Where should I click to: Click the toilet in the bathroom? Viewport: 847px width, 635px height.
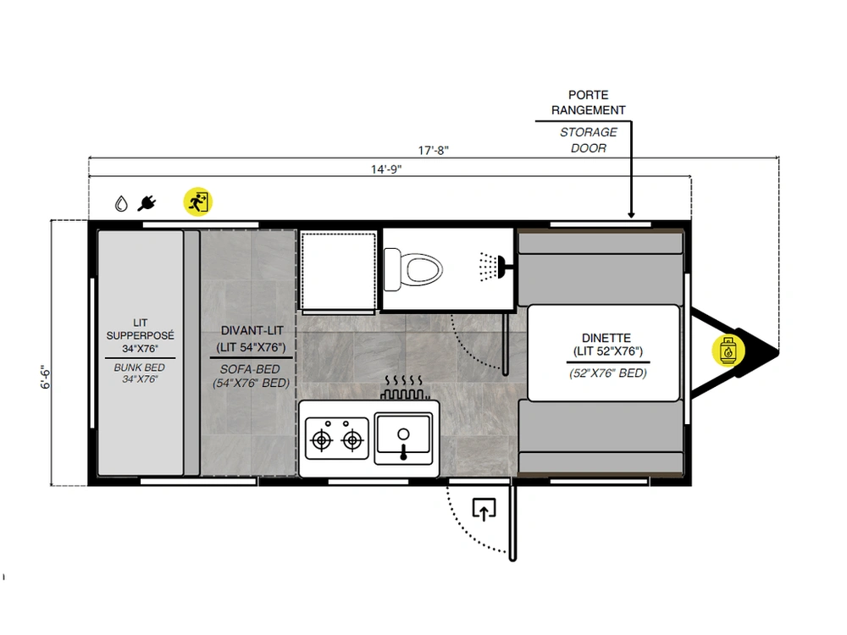click(x=412, y=269)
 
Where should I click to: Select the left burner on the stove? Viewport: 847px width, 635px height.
click(x=322, y=440)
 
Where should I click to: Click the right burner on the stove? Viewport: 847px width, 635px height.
click(x=352, y=440)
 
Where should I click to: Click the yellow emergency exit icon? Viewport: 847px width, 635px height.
click(x=197, y=202)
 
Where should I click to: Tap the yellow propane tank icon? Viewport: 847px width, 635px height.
click(x=728, y=351)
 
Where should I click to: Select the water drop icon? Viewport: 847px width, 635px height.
click(x=121, y=203)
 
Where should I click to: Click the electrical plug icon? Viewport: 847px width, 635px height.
click(x=147, y=203)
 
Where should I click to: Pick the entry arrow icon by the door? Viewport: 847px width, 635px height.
click(x=484, y=509)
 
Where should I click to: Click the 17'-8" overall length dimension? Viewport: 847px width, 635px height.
click(x=433, y=150)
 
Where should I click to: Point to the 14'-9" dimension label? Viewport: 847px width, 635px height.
click(x=386, y=169)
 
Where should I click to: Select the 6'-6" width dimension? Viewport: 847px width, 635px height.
click(x=46, y=377)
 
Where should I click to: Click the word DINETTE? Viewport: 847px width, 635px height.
click(x=606, y=338)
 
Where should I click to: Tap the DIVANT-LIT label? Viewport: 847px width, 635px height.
click(x=252, y=330)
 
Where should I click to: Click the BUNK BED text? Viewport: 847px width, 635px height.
click(x=140, y=367)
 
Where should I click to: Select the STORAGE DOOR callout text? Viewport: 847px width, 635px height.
click(x=589, y=140)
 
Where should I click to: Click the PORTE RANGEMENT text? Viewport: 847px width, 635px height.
click(x=589, y=102)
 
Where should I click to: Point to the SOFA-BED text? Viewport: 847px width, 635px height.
click(x=250, y=369)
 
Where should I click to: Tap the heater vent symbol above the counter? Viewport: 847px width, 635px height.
click(x=403, y=387)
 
